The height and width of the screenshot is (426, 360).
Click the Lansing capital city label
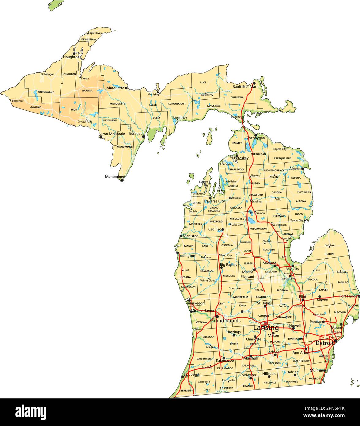point(266,328)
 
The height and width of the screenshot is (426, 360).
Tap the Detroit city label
point(324,343)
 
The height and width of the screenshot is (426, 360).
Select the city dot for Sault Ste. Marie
point(254,83)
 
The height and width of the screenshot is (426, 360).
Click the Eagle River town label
point(94,33)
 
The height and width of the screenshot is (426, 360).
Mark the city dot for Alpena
point(302,169)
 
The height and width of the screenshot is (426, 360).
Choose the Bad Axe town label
point(329,245)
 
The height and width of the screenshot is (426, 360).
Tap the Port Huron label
point(349,296)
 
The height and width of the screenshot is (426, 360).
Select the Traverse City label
point(214,201)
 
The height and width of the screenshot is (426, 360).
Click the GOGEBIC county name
point(36,108)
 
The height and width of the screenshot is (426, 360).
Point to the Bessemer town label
point(17,101)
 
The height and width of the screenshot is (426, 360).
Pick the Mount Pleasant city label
point(248,274)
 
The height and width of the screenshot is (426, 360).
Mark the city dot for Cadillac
point(223,229)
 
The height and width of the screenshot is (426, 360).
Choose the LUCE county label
point(203,82)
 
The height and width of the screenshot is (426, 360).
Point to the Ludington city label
point(186,256)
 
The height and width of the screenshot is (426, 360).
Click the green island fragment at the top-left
point(56,5)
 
